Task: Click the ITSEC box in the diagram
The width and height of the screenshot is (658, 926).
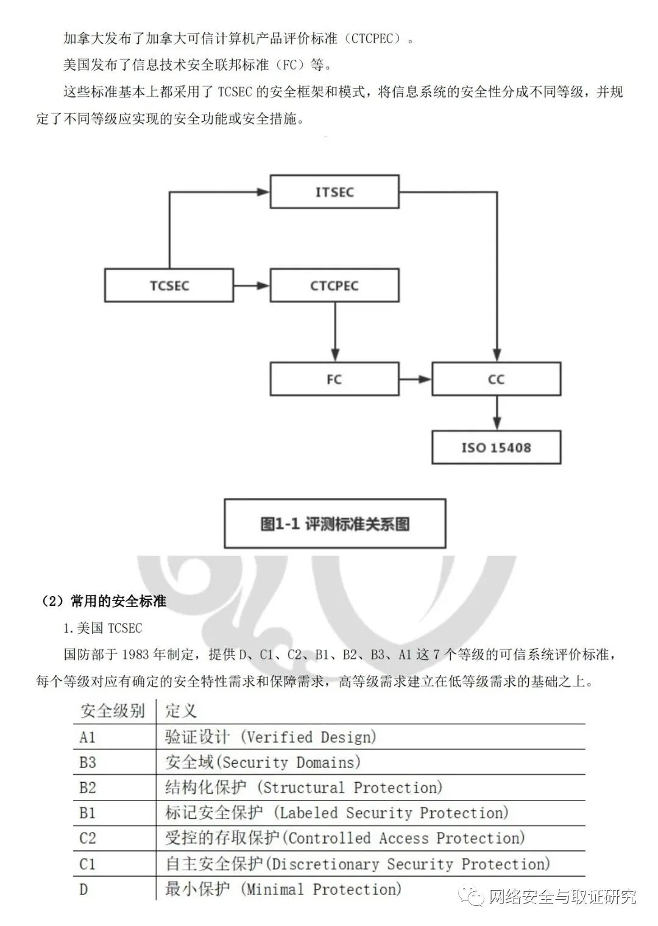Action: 334,192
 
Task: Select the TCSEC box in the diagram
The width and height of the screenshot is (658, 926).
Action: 169,285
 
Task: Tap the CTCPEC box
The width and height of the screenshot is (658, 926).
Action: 334,285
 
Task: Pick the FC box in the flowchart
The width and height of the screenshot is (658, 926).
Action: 334,379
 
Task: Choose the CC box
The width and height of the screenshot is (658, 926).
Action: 496,379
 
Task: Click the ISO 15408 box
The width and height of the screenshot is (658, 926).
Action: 496,447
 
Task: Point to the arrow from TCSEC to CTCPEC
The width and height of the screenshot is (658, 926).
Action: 251,285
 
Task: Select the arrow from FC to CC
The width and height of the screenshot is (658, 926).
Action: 416,379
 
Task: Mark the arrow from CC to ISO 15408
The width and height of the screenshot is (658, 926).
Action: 497,413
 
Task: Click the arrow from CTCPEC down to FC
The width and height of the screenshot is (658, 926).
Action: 334,332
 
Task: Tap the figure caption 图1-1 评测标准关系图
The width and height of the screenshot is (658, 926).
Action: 335,524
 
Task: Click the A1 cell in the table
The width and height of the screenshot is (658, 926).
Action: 88,737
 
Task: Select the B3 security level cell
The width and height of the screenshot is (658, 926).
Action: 88,763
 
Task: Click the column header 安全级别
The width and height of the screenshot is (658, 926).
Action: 113,711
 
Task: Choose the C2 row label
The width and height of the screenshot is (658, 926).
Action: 88,838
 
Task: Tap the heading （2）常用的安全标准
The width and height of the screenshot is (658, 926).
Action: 104,601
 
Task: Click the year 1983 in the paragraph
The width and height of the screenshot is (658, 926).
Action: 135,655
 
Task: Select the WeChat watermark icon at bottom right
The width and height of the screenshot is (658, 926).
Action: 473,896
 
